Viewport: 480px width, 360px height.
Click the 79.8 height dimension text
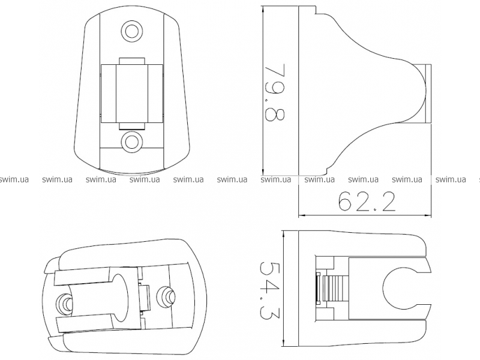pyautogui.click(x=275, y=92)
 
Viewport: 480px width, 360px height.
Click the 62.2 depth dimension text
pyautogui.click(x=367, y=201)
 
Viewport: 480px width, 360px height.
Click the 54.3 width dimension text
pyautogui.click(x=266, y=290)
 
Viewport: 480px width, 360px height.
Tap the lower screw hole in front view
pyautogui.click(x=132, y=141)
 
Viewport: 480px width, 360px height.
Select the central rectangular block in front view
pyautogui.click(x=132, y=94)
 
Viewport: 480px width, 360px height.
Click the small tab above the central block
pyautogui.click(x=132, y=61)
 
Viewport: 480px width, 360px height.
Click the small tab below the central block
pyautogui.click(x=132, y=126)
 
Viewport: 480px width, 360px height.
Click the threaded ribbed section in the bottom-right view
pyautogui.click(x=335, y=289)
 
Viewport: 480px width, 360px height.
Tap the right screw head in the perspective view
pyautogui.click(x=166, y=296)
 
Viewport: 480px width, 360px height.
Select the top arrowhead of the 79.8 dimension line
pyautogui.click(x=263, y=9)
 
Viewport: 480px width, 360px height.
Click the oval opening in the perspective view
pyautogui.click(x=120, y=298)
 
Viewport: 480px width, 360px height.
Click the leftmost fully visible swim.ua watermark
pyautogui.click(x=57, y=179)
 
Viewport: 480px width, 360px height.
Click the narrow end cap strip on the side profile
pyautogui.click(x=428, y=94)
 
